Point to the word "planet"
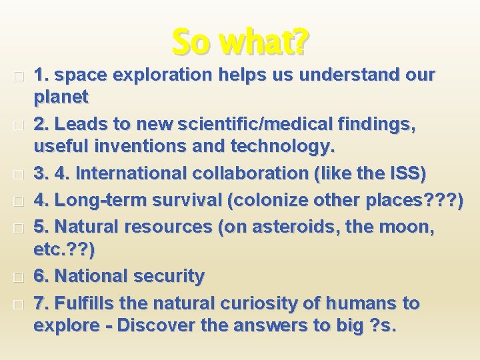[61, 97]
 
